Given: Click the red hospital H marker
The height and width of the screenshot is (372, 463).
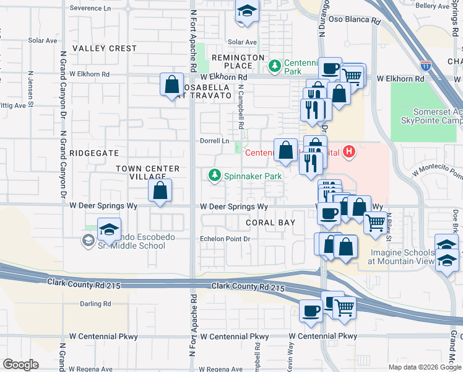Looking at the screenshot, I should pyautogui.click(x=350, y=151).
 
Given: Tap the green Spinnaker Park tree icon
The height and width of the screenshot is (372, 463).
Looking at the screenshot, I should pyautogui.click(x=215, y=176).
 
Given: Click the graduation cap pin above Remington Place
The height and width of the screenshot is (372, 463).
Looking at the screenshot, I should pyautogui.click(x=247, y=12).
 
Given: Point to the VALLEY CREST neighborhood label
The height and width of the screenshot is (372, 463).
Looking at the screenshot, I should pyautogui.click(x=104, y=48).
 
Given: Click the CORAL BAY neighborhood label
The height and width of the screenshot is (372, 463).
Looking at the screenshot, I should pyautogui.click(x=270, y=222).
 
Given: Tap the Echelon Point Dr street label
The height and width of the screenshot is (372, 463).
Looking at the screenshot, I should pyautogui.click(x=224, y=239).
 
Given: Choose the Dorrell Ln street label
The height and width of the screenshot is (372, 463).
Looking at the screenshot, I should pyautogui.click(x=214, y=141).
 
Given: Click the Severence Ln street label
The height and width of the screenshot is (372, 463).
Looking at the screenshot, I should pyautogui.click(x=92, y=8).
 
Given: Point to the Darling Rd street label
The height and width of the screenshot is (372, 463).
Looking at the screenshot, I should pyautogui.click(x=95, y=304).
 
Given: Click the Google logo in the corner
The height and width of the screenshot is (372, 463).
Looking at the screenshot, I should pyautogui.click(x=20, y=364).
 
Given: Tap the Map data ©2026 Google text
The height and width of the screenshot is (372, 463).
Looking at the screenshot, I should pyautogui.click(x=423, y=367).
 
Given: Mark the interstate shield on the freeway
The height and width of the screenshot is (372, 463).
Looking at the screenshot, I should pyautogui.click(x=425, y=64).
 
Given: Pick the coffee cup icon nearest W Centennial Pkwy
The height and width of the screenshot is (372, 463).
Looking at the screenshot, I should pyautogui.click(x=311, y=310).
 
